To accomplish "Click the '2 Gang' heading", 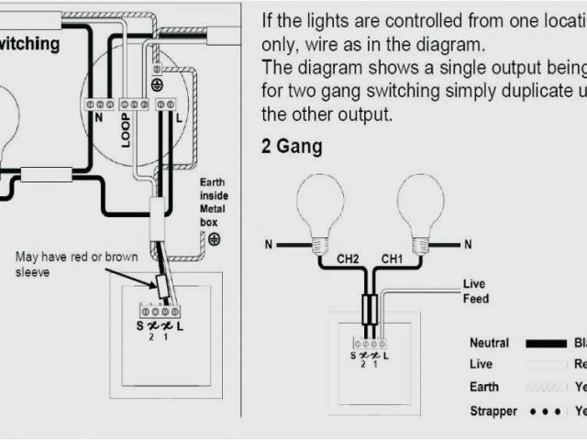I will [x=292, y=147].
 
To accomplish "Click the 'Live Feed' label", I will [x=476, y=291].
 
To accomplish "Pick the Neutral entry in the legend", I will [x=489, y=343].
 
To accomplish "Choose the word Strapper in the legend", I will [x=493, y=411].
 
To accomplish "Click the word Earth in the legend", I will [x=484, y=387].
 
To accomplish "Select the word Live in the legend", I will [x=481, y=364].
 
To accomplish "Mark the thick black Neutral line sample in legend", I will [x=546, y=344].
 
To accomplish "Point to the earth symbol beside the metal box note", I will [x=213, y=239].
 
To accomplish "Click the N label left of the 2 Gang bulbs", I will [x=269, y=245].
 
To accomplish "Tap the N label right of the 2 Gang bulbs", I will [x=468, y=245].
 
